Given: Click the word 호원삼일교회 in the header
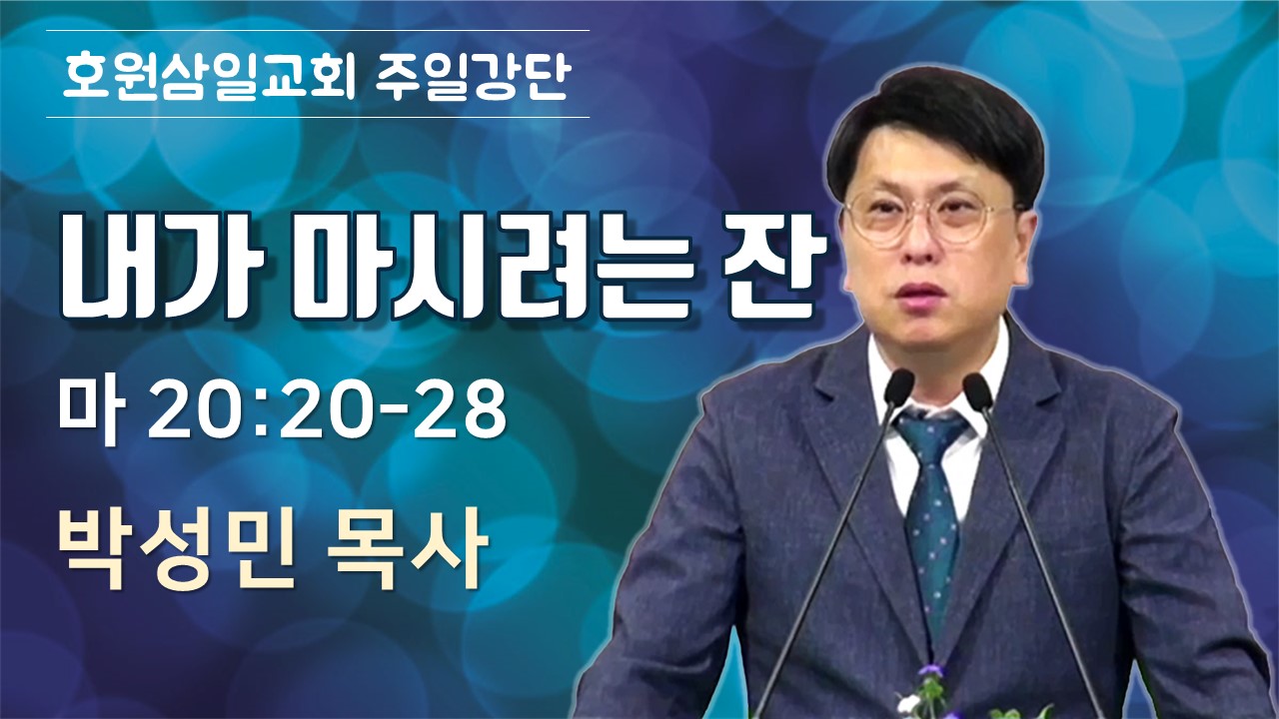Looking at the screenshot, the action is (x=209, y=76).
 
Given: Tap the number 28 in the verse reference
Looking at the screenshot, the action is (x=470, y=409).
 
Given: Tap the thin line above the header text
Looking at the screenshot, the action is (x=318, y=30).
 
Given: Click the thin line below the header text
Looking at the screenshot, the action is (x=318, y=118).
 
